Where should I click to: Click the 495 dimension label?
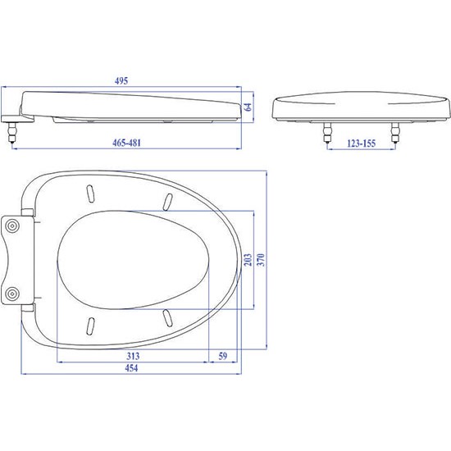pos(121,81)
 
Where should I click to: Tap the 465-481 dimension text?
pos(126,143)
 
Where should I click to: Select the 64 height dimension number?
pos(248,107)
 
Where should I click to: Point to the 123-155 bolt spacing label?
pos(362,143)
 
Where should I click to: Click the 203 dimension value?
pos(248,259)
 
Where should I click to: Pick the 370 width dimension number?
pos(261,259)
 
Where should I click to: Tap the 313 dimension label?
pos(133,356)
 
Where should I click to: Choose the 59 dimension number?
pos(222,356)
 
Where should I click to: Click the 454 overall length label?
pos(131,368)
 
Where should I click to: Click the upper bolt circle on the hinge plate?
pos(12,226)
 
